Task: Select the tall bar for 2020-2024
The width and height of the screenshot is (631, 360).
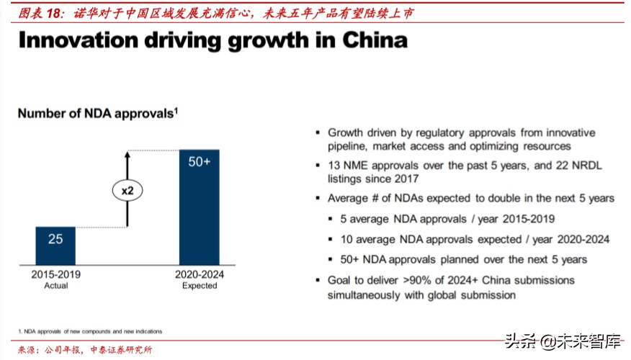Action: [x=199, y=216]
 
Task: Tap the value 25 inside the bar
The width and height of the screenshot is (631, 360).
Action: [x=55, y=238]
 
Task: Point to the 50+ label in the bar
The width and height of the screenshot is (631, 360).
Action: [x=199, y=162]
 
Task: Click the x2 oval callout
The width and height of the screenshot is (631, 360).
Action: [x=127, y=190]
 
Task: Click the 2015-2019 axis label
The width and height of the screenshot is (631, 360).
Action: [x=55, y=274]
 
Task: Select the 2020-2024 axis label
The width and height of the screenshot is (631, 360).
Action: [x=200, y=274]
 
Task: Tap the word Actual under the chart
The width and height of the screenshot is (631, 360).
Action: [x=55, y=285]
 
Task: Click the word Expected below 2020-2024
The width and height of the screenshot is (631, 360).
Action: [x=200, y=285]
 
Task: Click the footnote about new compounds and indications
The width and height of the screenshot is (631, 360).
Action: [x=90, y=331]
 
